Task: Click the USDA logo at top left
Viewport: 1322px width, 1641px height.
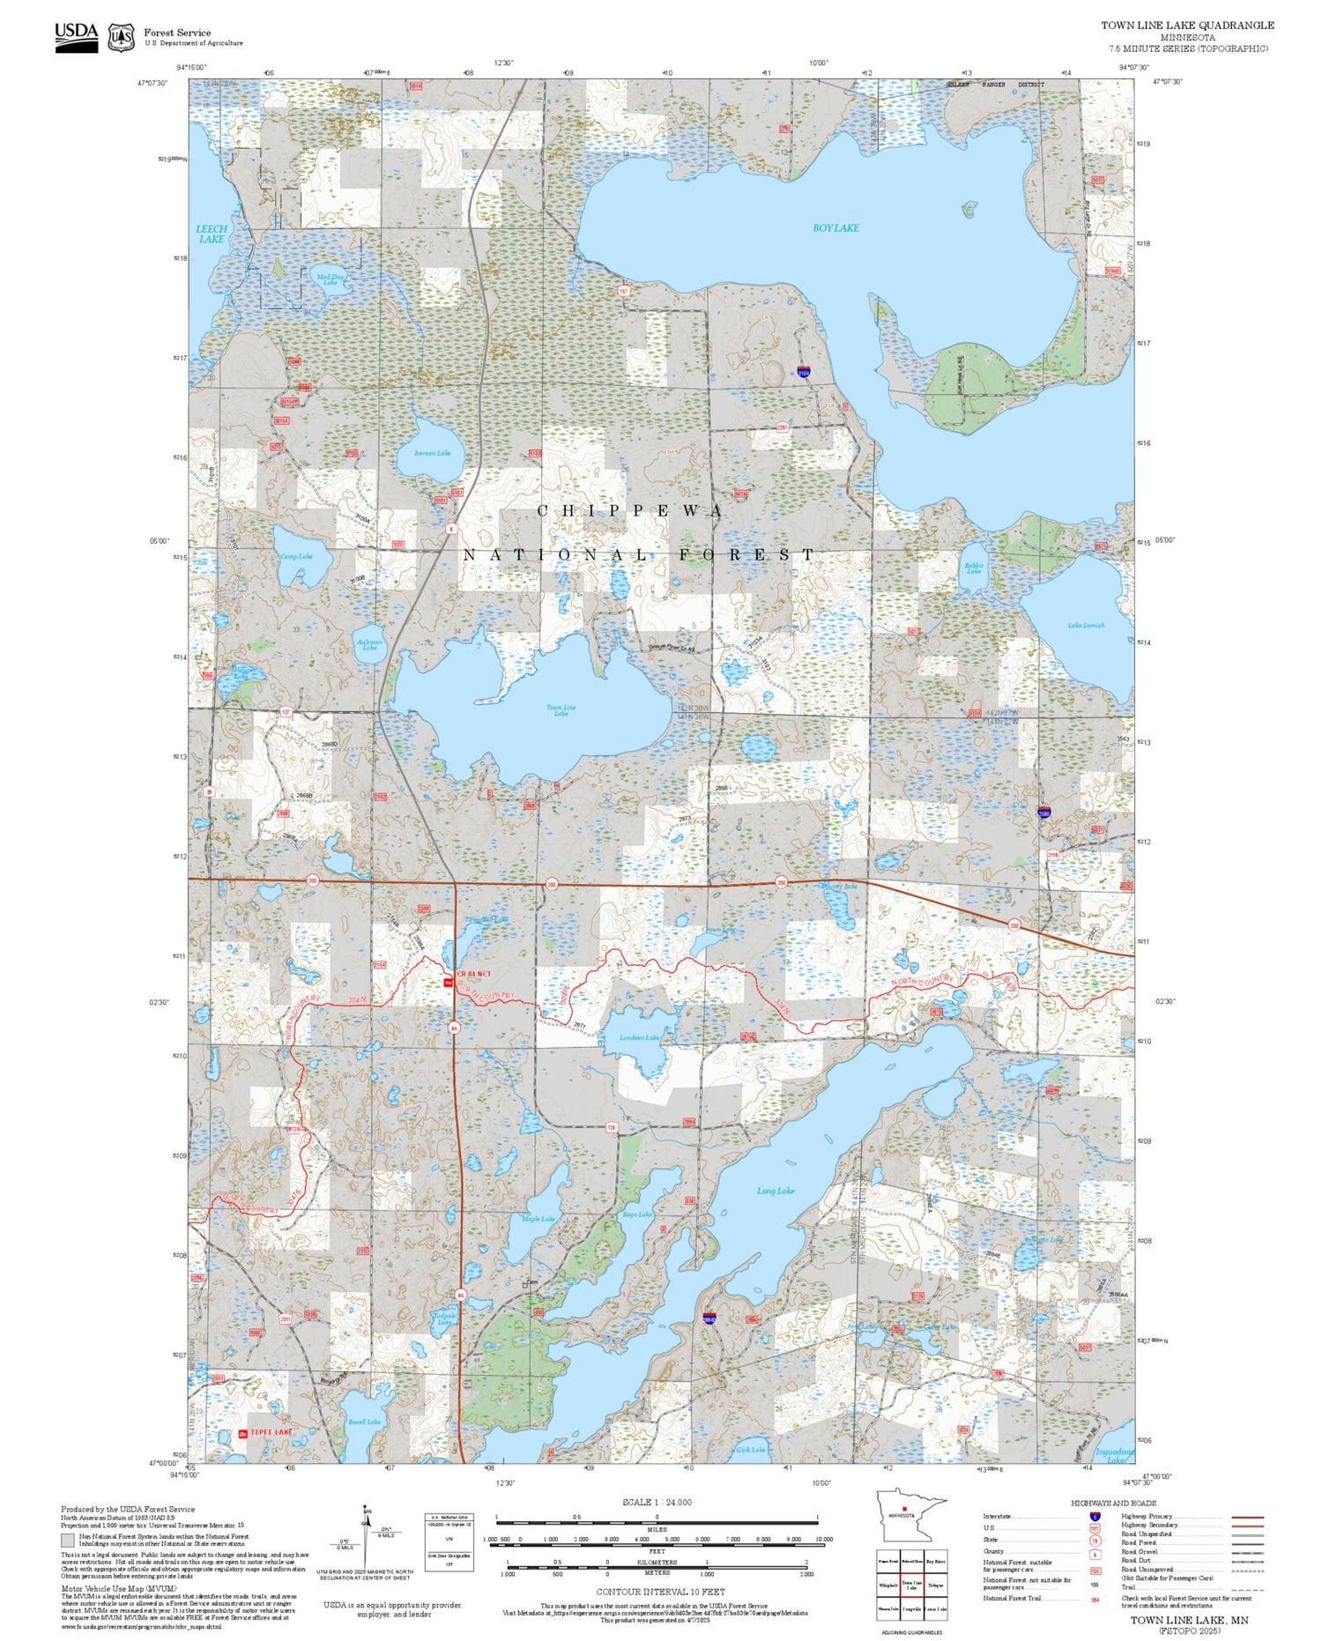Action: (x=76, y=36)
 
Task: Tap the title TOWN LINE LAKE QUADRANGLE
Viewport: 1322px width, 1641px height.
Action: (x=1186, y=25)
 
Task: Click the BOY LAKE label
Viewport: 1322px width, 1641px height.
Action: (x=835, y=228)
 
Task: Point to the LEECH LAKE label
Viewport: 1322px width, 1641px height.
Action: (x=212, y=234)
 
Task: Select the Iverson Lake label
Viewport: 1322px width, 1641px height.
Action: (x=432, y=453)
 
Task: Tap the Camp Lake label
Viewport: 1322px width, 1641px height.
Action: (x=296, y=557)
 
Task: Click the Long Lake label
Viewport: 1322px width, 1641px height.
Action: (x=776, y=1191)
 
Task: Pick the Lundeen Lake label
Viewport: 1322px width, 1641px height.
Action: (x=639, y=1038)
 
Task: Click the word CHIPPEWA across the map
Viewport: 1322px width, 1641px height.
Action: (x=630, y=511)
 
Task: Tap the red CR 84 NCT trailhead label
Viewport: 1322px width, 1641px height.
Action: (x=473, y=973)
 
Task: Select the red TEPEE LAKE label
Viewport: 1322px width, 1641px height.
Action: (x=270, y=1433)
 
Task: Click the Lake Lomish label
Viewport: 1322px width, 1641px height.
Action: (x=1086, y=626)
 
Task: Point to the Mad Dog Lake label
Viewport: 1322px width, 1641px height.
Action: (x=330, y=278)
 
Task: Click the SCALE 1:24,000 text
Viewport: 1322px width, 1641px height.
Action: (x=657, y=1503)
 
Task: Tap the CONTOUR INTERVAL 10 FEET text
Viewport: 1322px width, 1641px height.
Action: (x=660, y=1592)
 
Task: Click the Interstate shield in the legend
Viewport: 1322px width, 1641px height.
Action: (x=1095, y=1516)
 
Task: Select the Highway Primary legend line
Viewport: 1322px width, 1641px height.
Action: (x=1244, y=1517)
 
